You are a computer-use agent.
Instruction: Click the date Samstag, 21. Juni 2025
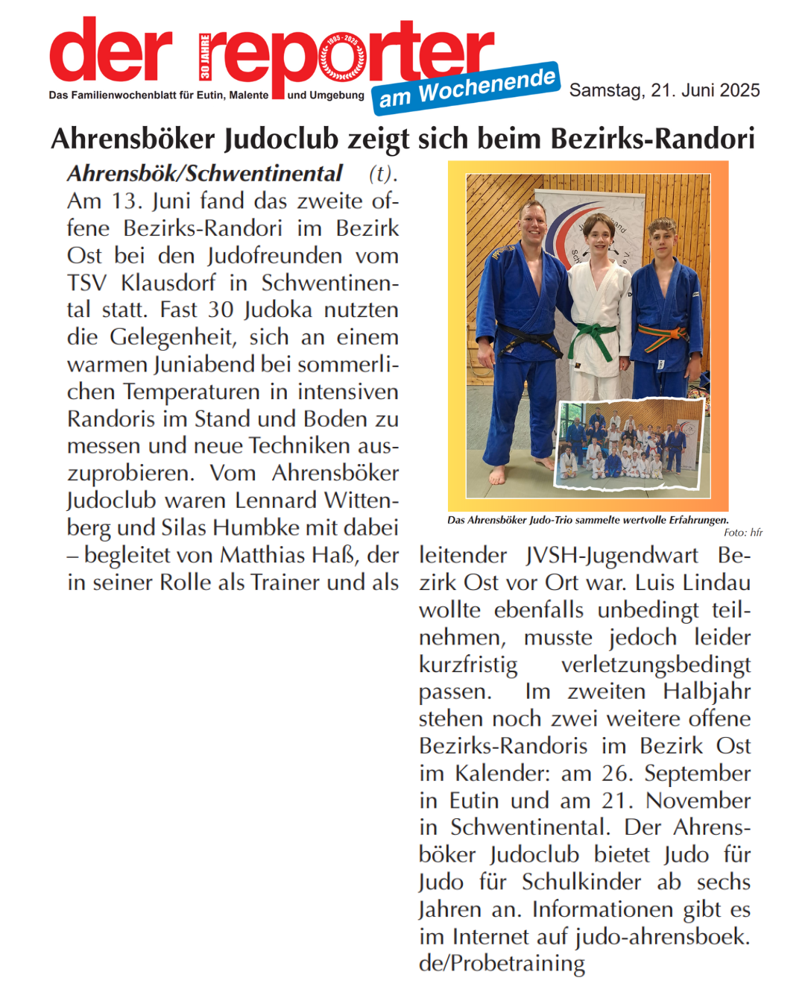coord(664,91)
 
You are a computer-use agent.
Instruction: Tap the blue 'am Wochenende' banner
coord(467,88)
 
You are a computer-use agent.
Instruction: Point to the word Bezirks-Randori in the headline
coord(653,139)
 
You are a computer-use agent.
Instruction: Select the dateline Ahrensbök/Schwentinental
coord(205,174)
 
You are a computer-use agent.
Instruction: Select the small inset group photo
coord(630,445)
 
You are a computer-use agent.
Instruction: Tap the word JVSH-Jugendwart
coord(611,555)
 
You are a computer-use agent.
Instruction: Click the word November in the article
coord(698,800)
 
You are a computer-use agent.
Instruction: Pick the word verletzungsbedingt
coord(655,664)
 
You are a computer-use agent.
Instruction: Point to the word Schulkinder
coord(581,882)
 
